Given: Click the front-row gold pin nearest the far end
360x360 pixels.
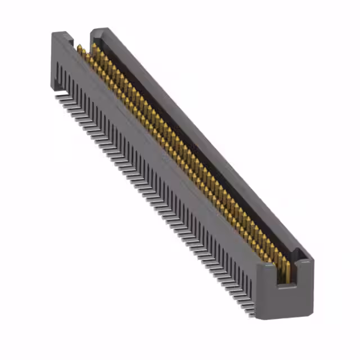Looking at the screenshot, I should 79,49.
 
